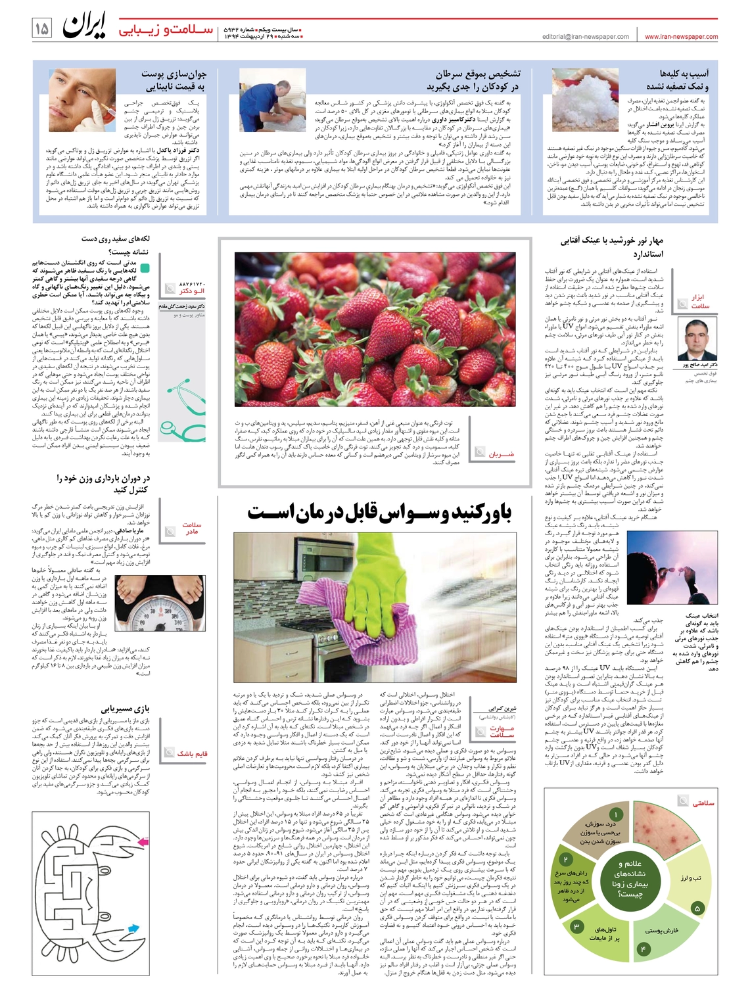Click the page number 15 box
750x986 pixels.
(41, 29)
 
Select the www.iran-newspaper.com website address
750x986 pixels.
(681, 37)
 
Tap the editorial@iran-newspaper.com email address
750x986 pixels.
(586, 37)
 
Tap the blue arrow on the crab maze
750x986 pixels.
(133, 929)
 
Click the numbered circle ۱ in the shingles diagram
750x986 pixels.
(617, 815)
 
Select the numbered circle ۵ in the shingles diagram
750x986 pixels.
(697, 908)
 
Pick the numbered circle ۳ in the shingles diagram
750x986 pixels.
(576, 926)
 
